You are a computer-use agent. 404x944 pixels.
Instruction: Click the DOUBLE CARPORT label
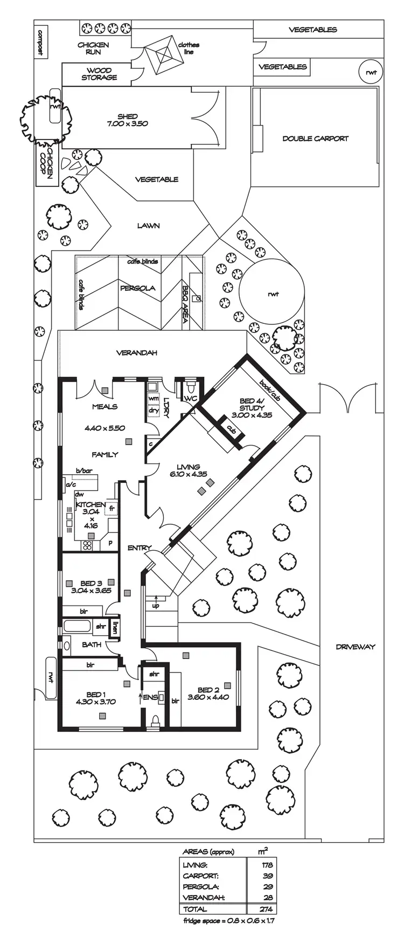point(315,138)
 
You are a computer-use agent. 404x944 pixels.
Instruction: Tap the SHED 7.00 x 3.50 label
point(128,120)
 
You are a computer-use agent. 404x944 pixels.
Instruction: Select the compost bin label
point(39,43)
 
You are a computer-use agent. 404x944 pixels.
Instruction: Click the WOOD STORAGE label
point(99,74)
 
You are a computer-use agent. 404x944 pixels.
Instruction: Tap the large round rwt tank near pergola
point(271,294)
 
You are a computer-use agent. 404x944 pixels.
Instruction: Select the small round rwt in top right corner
point(371,72)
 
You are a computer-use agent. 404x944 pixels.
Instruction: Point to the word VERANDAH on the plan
point(136,353)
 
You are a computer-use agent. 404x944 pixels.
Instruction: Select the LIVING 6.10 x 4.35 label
point(188,470)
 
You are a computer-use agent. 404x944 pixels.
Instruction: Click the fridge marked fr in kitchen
point(112,508)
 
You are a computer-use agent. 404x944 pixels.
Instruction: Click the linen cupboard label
point(115,627)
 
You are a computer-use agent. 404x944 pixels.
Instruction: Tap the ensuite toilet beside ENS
point(156,719)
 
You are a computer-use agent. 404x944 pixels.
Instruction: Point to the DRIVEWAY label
point(354,647)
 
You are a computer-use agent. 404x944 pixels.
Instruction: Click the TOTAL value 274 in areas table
point(266,909)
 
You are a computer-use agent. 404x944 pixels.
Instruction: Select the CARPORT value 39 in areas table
point(267,876)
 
